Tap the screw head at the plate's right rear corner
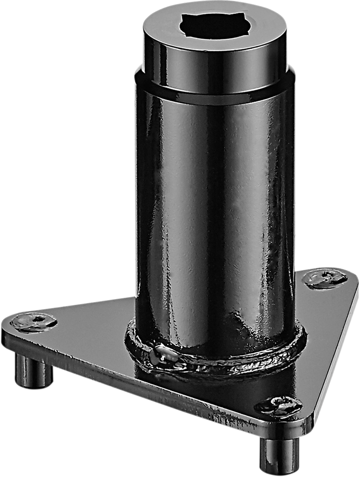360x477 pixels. click(x=325, y=278)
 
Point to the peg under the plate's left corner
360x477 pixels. click(x=34, y=370)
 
